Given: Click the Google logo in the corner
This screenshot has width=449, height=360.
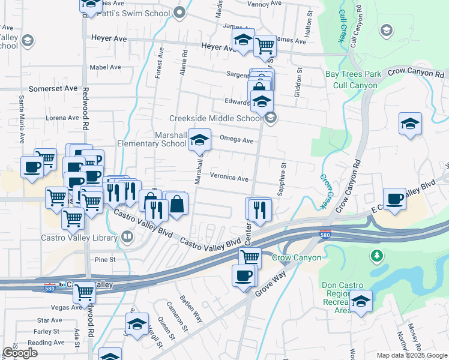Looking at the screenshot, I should click(20, 353).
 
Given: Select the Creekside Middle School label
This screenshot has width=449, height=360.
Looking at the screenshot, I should click(215, 118).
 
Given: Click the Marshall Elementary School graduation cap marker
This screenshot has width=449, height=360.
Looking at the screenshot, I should click(199, 140).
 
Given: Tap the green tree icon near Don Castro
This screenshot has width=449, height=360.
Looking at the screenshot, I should click(376, 256).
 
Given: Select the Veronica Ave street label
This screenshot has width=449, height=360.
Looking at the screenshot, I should click(229, 178).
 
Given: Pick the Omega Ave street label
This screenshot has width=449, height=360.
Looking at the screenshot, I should click(237, 140).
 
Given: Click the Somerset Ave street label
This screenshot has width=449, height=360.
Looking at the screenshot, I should click(55, 88).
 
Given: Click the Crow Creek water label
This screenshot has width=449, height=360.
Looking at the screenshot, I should click(325, 191).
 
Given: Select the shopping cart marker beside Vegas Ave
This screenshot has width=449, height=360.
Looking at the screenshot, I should click(84, 292).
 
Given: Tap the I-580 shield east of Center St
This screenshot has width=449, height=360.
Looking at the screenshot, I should click(325, 232).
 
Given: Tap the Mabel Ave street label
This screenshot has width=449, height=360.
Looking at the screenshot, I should click(105, 67).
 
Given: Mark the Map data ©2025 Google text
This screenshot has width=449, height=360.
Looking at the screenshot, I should click(411, 355).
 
